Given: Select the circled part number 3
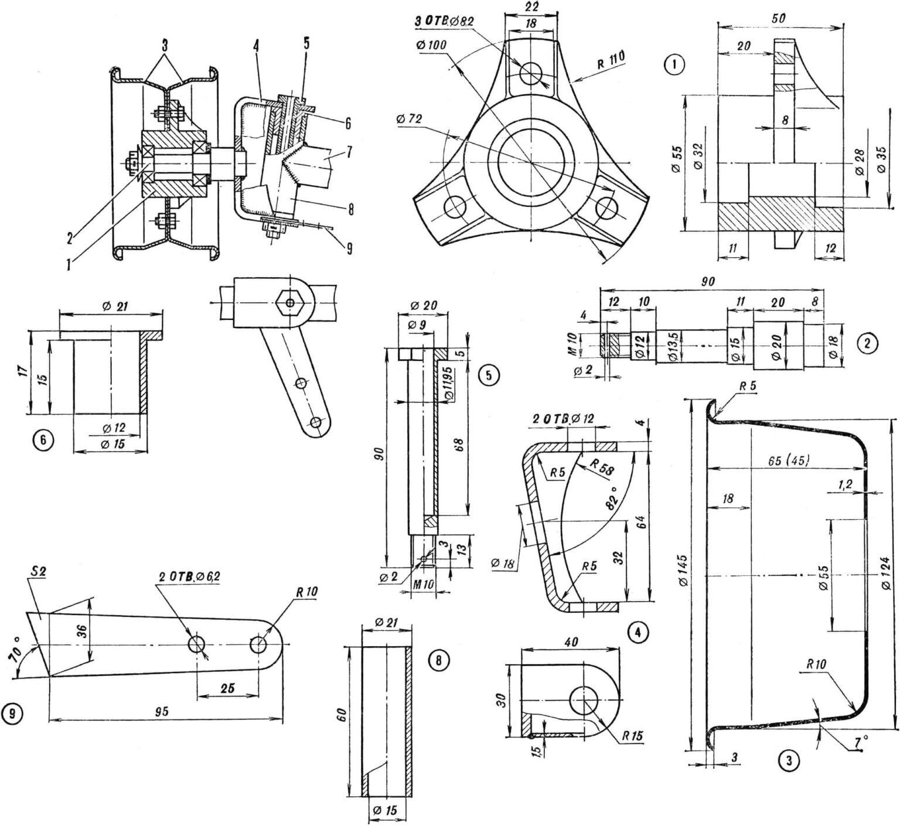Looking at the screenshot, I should (x=789, y=760).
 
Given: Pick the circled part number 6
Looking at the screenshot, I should (x=45, y=439).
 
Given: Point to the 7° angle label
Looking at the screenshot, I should (x=860, y=742).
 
